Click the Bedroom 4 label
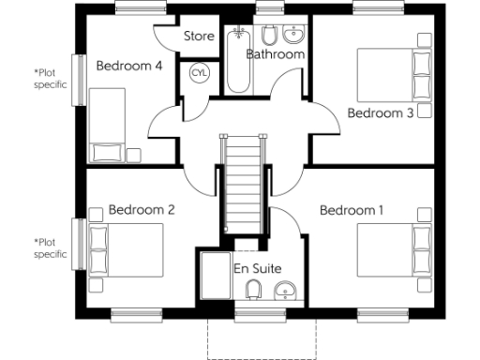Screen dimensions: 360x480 coord(129,66)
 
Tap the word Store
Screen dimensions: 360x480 coord(199,37)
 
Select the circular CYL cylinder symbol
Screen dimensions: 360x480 coord(200,73)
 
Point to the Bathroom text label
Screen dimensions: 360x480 coord(276,54)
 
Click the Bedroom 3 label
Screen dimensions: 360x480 coord(381,112)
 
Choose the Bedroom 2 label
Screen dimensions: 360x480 coord(142,210)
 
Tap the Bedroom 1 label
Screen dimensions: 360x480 coord(352,210)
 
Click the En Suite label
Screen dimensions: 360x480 coord(257,269)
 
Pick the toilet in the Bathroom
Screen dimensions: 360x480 coord(268,37)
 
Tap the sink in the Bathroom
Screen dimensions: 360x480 coord(294,36)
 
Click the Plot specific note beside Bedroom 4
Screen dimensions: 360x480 coord(51,78)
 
